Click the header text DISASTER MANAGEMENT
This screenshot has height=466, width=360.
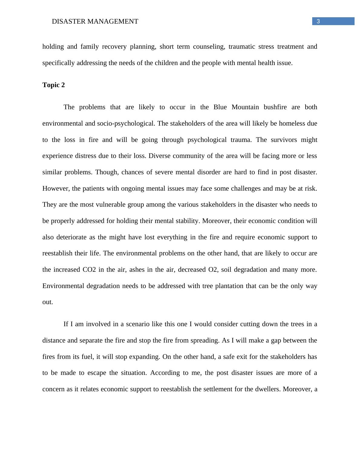(95, 21)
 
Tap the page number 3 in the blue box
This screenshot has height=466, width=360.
(318, 21)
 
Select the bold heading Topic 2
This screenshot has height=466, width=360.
(54, 85)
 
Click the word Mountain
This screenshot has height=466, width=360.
(245, 107)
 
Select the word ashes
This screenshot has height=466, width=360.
(137, 270)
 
